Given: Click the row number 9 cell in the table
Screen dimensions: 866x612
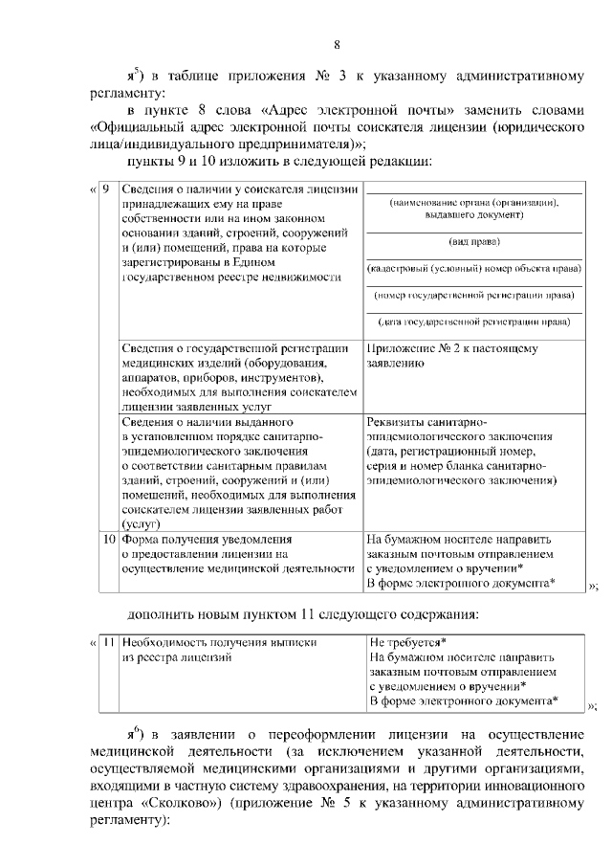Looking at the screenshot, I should tap(106, 189).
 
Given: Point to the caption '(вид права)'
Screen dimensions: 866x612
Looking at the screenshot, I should tap(474, 242).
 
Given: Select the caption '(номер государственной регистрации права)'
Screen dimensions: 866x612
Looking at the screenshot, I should tap(474, 294).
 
